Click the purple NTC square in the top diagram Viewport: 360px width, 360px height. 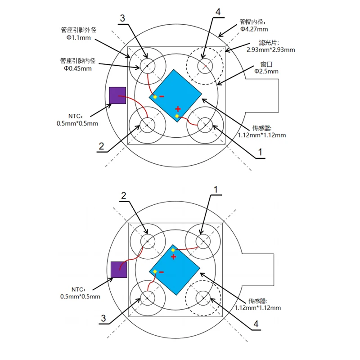coord(117,95)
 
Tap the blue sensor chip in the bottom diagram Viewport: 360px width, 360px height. coord(175,270)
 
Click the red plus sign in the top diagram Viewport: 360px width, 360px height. coord(178,109)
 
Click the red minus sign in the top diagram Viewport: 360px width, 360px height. coord(162,96)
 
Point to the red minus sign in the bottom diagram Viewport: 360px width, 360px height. coord(161,272)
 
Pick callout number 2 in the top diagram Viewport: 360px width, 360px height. coord(101,146)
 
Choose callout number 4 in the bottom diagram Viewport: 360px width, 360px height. coord(256,324)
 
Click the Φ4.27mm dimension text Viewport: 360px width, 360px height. coord(254,29)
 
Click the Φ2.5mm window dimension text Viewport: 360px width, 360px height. coord(266,71)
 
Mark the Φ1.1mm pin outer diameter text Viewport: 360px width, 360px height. coord(79,38)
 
